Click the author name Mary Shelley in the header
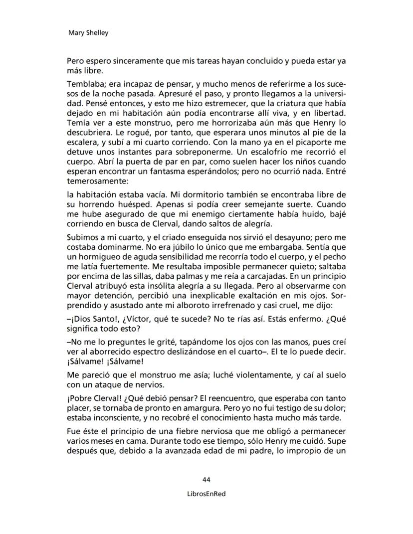point(88,33)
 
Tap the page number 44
point(206,480)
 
